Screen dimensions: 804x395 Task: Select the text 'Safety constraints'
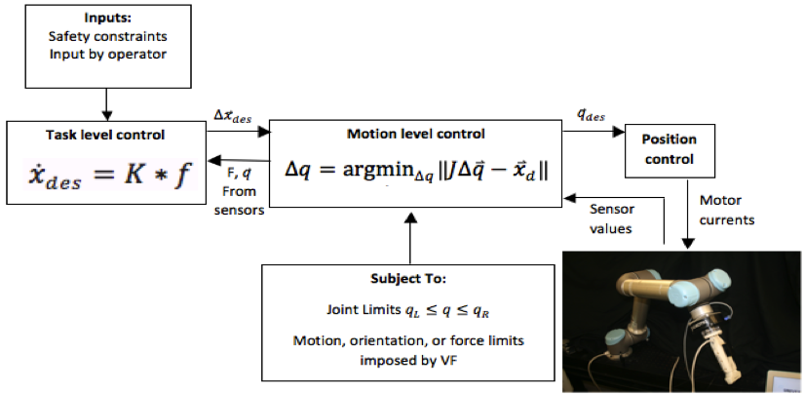click(x=107, y=36)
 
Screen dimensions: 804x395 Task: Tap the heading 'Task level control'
click(x=105, y=135)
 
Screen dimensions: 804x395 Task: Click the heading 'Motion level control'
click(x=416, y=134)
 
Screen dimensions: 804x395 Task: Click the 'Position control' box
click(x=670, y=149)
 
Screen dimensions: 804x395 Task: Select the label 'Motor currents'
click(x=727, y=210)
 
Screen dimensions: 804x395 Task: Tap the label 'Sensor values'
click(x=611, y=218)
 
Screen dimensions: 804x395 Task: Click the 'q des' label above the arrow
click(x=591, y=116)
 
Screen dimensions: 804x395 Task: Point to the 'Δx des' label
click(x=232, y=117)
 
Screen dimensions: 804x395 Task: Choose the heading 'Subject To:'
click(x=408, y=280)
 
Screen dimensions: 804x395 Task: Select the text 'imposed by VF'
click(x=408, y=360)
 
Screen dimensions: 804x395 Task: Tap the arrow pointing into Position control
click(x=593, y=132)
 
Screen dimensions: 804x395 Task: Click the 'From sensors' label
click(x=240, y=201)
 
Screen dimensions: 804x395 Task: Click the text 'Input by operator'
click(x=107, y=54)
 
